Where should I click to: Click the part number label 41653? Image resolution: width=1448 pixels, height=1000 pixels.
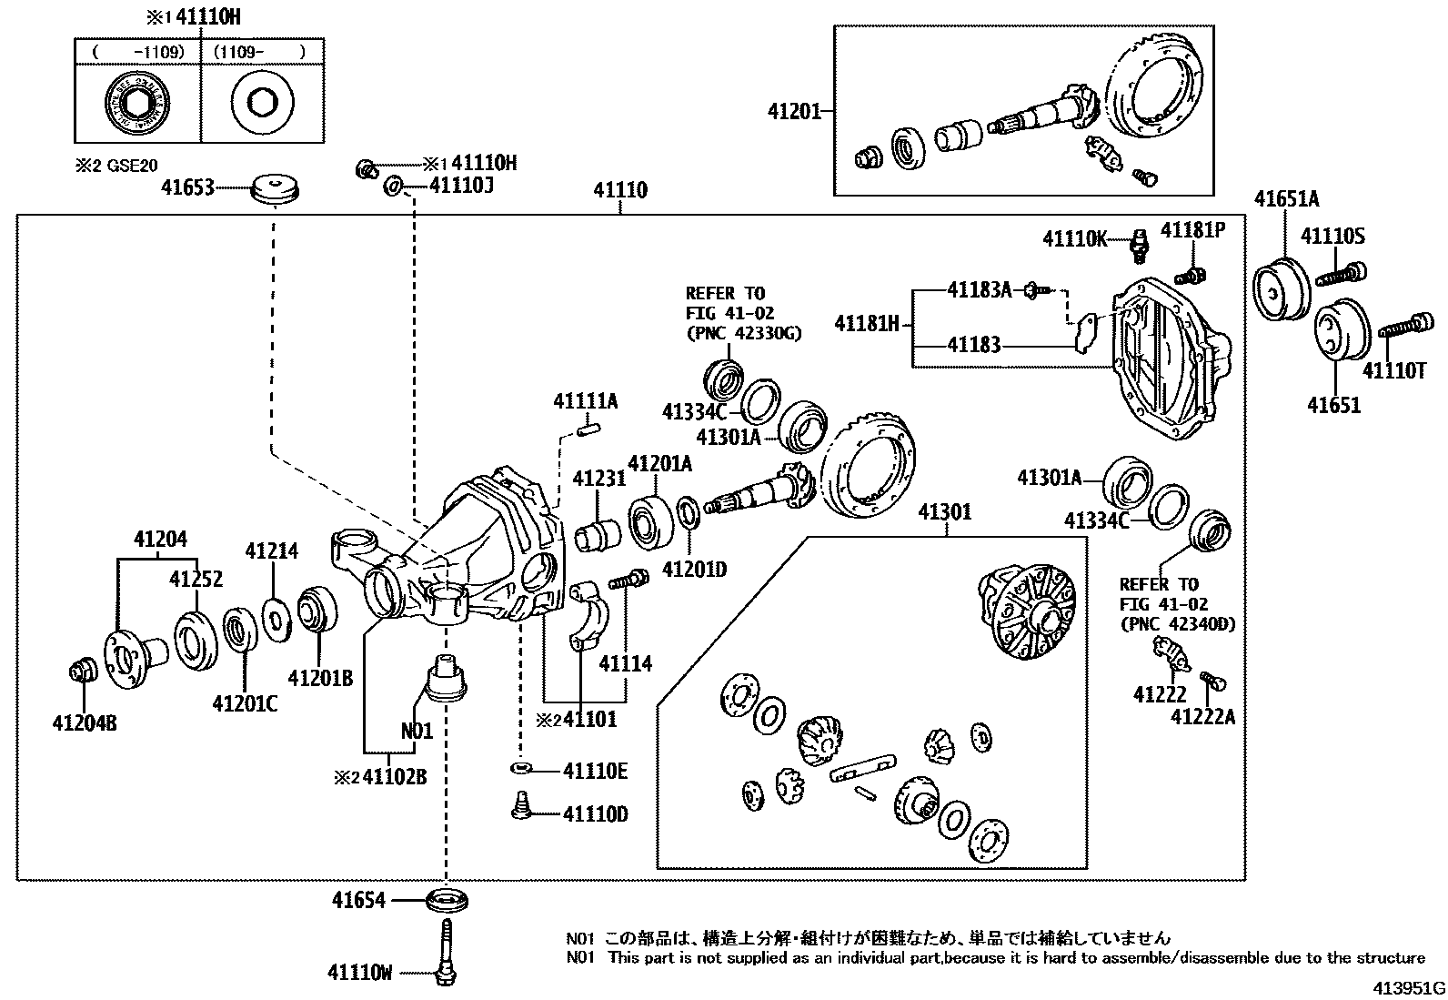(187, 187)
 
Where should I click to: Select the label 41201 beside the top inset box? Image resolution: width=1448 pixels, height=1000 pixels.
(794, 112)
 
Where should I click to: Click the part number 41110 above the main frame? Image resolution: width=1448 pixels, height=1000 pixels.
(620, 190)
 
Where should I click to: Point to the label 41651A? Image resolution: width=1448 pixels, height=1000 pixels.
(1286, 198)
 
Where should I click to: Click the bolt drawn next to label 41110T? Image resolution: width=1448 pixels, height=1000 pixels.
(1405, 325)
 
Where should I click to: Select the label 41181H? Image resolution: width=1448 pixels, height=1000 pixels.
(867, 322)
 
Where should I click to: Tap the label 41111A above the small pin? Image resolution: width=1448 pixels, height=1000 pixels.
(585, 400)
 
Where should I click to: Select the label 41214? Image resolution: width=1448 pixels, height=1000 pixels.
(271, 551)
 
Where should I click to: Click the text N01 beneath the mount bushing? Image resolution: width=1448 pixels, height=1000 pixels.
(417, 730)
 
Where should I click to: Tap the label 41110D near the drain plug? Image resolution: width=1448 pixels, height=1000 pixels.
(595, 813)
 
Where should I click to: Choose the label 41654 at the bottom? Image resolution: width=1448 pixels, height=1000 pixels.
(358, 901)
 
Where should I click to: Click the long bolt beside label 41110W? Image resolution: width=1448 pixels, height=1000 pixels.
(446, 951)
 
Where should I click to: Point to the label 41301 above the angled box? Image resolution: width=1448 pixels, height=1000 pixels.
(944, 512)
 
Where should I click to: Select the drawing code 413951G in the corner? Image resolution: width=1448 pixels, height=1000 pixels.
(1409, 988)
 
